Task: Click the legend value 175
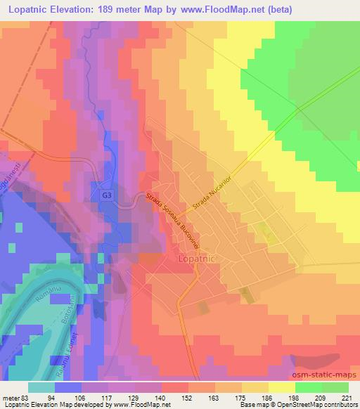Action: [x=241, y=397]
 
